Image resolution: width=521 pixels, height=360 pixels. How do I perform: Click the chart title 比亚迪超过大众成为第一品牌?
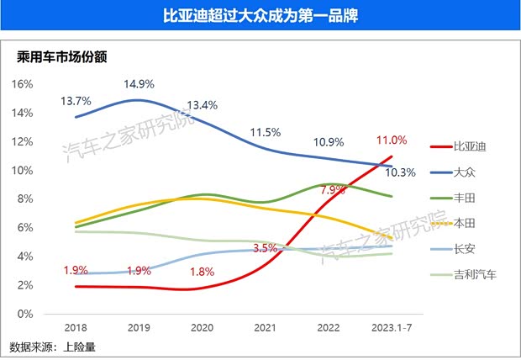(x=260, y=17)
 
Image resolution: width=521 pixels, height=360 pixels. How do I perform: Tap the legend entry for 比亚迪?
(x=470, y=146)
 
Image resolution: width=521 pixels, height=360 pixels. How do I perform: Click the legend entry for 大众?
(x=464, y=172)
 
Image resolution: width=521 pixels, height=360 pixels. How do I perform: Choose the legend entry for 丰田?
(x=464, y=198)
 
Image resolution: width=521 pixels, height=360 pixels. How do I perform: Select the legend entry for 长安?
(x=464, y=249)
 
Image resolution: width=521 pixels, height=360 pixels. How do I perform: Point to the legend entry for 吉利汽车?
(x=475, y=275)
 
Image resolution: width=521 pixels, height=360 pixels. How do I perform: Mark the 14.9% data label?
(x=139, y=84)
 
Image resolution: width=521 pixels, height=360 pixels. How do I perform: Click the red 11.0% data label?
(x=392, y=140)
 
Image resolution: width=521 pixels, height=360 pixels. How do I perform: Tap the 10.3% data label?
(x=400, y=172)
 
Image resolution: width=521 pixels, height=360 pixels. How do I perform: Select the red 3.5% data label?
(x=266, y=248)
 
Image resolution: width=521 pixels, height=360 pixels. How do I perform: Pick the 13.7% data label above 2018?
(x=76, y=101)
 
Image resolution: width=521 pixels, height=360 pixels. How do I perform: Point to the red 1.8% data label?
(x=203, y=271)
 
